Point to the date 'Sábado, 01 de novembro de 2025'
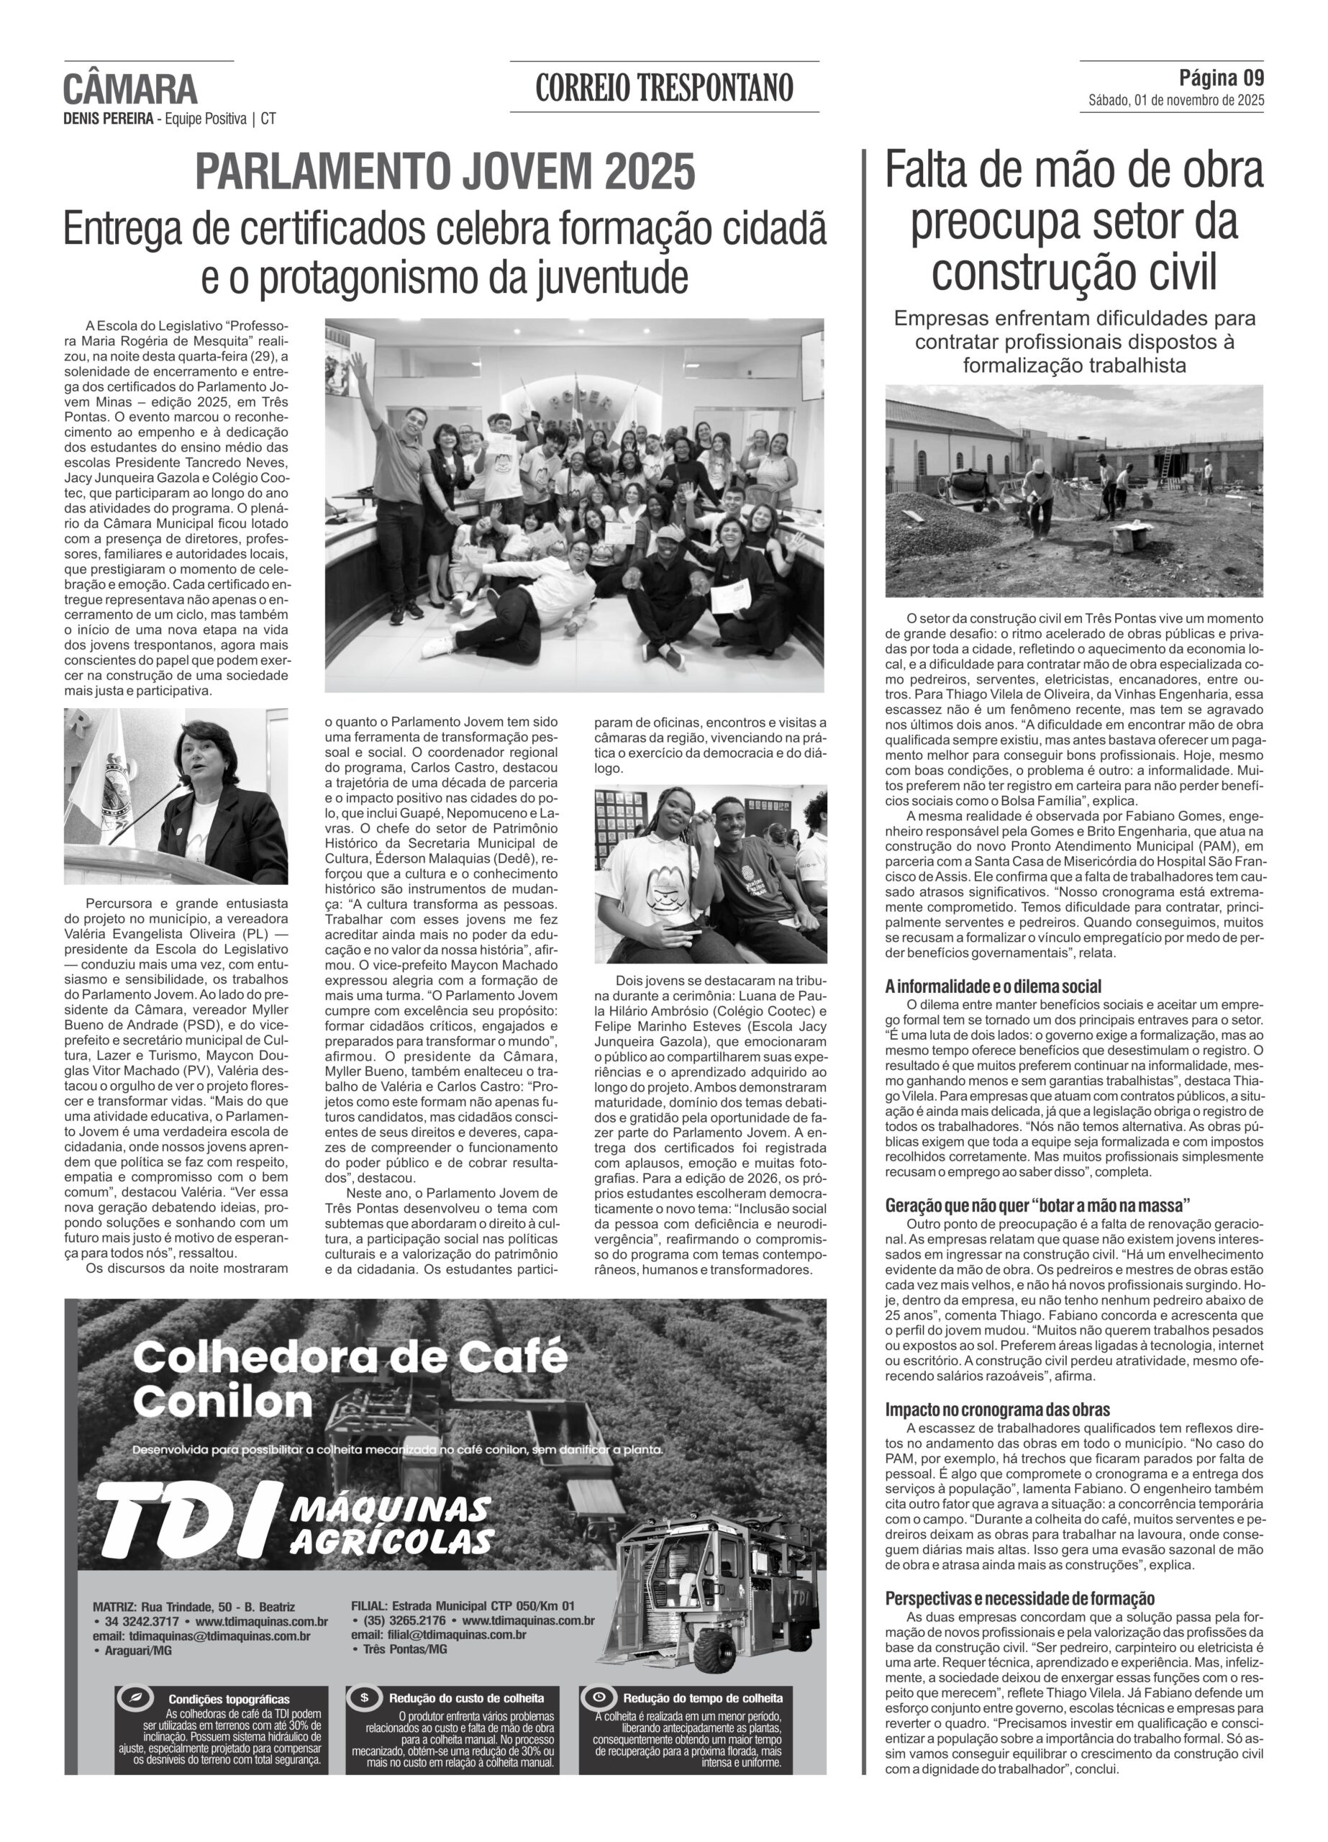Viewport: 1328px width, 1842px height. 1175,101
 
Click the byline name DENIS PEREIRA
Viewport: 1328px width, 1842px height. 109,119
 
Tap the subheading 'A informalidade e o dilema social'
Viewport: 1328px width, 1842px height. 993,986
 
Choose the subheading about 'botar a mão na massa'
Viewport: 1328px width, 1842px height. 1037,1205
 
